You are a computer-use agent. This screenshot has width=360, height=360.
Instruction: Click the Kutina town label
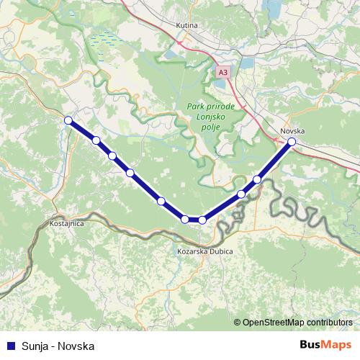click(x=186, y=25)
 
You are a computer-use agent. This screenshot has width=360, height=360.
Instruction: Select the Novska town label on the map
click(x=292, y=131)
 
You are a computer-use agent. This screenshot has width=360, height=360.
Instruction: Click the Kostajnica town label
click(x=68, y=224)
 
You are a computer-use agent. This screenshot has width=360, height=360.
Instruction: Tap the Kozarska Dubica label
click(x=202, y=251)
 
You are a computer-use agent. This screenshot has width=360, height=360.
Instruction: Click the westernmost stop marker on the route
click(x=68, y=120)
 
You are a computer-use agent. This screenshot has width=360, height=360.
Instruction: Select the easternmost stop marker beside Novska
click(x=292, y=142)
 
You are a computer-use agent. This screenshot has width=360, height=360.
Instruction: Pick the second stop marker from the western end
click(x=96, y=140)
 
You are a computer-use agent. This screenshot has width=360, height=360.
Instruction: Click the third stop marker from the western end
click(x=112, y=156)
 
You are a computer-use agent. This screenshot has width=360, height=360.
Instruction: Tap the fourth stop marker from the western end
click(x=130, y=173)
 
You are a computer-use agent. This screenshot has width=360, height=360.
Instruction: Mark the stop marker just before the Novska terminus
click(x=257, y=179)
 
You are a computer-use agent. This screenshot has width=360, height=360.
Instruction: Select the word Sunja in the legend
click(x=33, y=346)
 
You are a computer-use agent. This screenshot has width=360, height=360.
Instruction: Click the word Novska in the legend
click(x=77, y=346)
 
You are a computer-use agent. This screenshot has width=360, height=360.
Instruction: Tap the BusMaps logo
click(x=325, y=345)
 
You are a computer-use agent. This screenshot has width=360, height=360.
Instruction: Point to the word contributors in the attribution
click(x=329, y=323)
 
